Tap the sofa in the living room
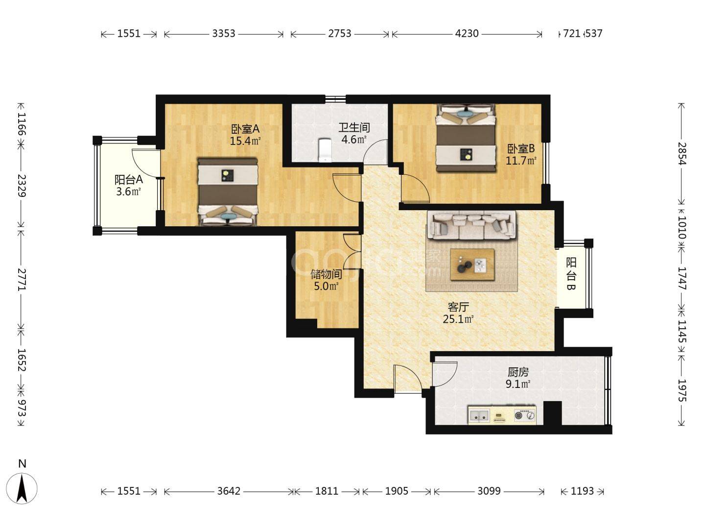pyautogui.click(x=471, y=225)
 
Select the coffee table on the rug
pyautogui.click(x=472, y=264)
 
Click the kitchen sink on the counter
pyautogui.click(x=479, y=415)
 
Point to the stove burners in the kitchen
pyautogui.click(x=525, y=415)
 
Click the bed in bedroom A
pyautogui.click(x=228, y=192)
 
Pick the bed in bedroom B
pyautogui.click(x=465, y=138)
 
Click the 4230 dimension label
pyautogui.click(x=467, y=33)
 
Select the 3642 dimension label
pyautogui.click(x=228, y=491)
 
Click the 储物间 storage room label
pyautogui.click(x=326, y=274)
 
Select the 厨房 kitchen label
pyautogui.click(x=518, y=373)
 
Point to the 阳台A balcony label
pyautogui.click(x=128, y=180)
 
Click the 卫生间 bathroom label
pyautogui.click(x=354, y=128)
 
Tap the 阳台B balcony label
pyautogui.click(x=571, y=274)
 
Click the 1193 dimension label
pyautogui.click(x=582, y=491)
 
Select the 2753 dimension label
pyautogui.click(x=339, y=33)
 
